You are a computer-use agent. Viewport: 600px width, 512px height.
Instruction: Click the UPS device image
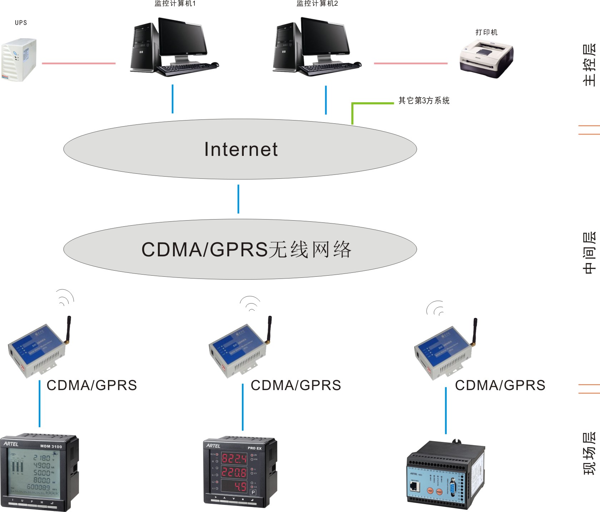click(x=19, y=60)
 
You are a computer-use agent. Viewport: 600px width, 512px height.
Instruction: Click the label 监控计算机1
click(x=175, y=4)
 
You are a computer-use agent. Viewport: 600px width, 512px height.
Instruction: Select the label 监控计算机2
click(x=317, y=4)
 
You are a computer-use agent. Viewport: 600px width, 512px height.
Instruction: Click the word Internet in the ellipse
click(x=241, y=149)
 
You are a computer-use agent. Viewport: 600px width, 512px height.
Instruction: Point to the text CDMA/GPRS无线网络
click(x=247, y=250)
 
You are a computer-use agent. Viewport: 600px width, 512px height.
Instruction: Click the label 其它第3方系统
click(x=424, y=101)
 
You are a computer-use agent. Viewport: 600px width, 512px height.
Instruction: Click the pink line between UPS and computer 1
click(x=79, y=63)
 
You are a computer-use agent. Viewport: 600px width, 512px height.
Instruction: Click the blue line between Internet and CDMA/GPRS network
click(x=238, y=199)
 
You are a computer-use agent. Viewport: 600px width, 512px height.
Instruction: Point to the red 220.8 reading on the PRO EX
click(x=234, y=472)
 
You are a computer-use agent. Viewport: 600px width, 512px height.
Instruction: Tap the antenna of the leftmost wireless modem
click(x=68, y=329)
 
